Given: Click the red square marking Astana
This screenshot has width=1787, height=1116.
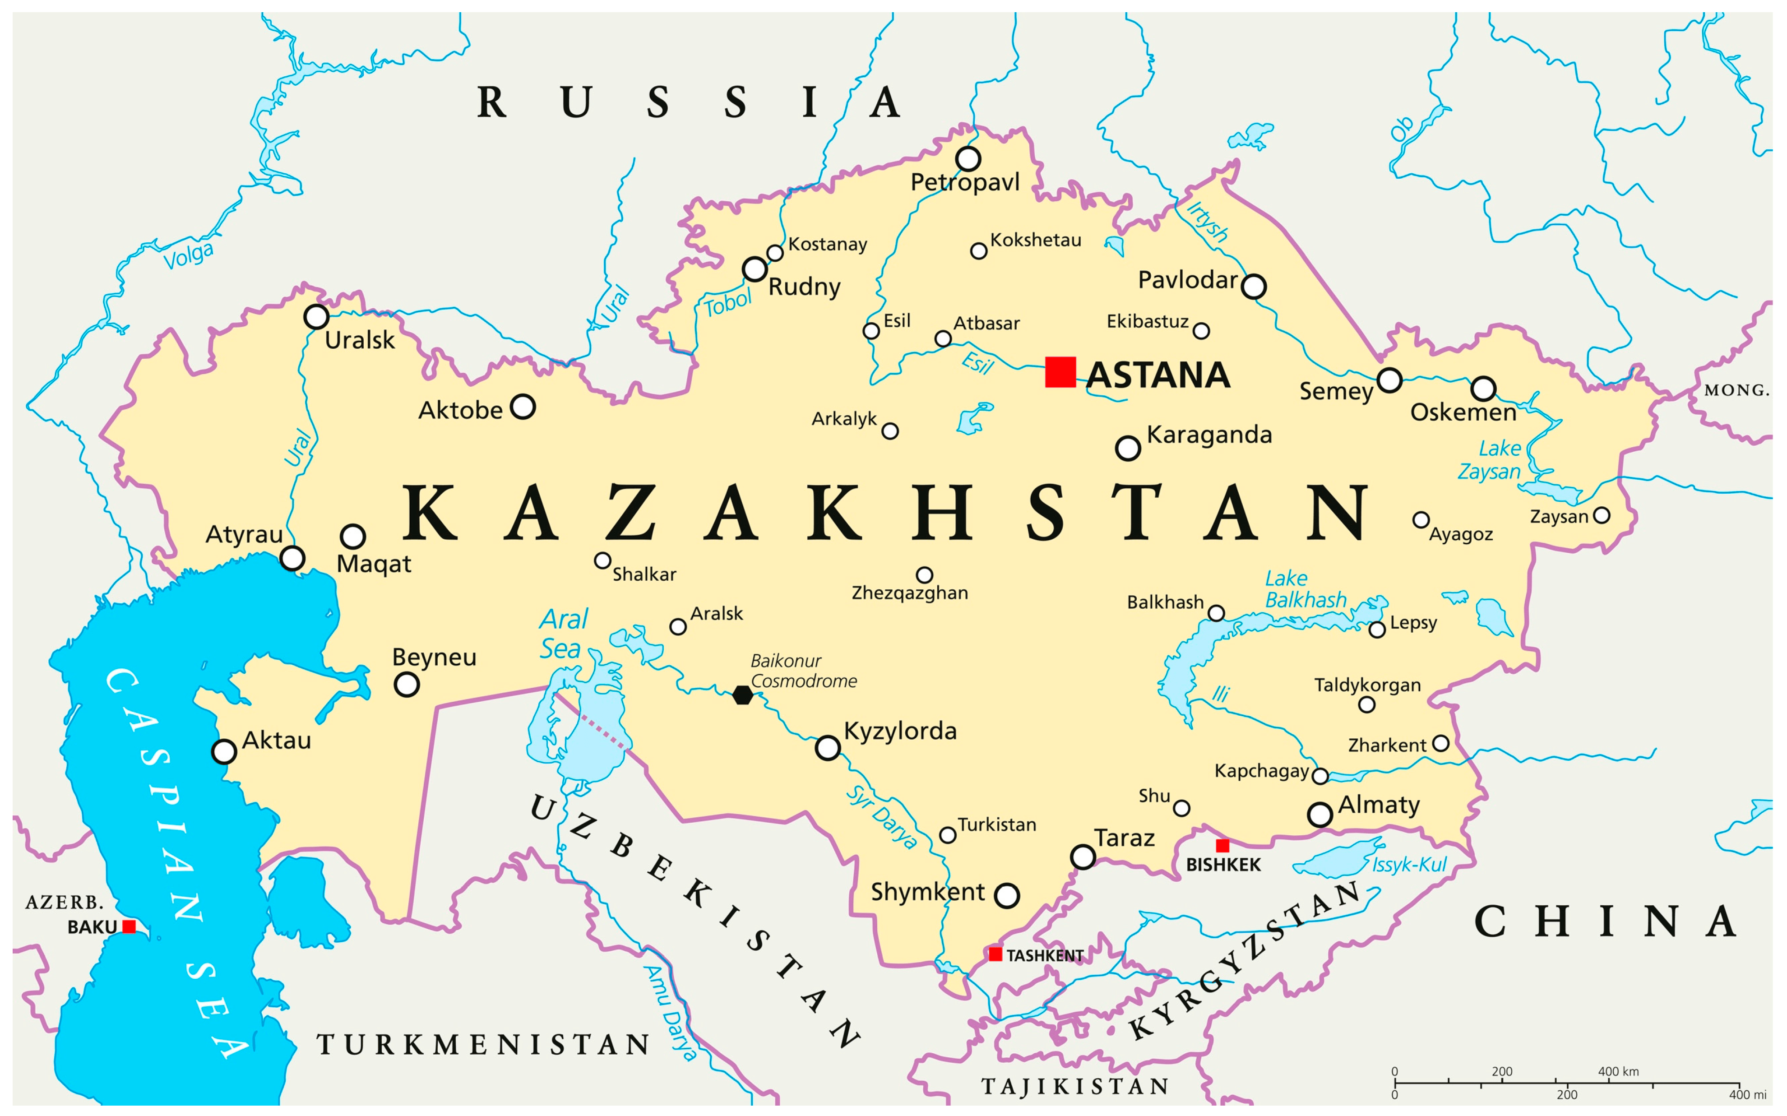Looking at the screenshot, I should point(1060,372).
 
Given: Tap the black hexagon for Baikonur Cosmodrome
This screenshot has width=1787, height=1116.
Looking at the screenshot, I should point(743,695).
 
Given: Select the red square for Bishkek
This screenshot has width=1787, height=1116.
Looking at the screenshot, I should point(1222,845).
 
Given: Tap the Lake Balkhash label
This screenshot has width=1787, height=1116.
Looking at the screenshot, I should point(1305,589).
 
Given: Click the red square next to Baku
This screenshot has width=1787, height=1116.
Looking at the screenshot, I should point(129,926).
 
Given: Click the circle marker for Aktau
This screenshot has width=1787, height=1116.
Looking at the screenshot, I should point(224,751).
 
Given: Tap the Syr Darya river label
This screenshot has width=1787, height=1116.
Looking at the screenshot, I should point(882,817).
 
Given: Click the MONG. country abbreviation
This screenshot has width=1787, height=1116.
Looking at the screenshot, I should point(1736,390).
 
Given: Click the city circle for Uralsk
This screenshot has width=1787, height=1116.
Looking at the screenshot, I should point(316,317).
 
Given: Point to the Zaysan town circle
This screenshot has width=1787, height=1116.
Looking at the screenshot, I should point(1601,515).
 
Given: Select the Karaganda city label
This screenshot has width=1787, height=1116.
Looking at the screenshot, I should point(1209,435).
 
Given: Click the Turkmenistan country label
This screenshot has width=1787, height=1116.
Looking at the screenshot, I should point(483,1044).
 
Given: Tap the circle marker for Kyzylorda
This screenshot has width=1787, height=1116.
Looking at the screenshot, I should point(828,748).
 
